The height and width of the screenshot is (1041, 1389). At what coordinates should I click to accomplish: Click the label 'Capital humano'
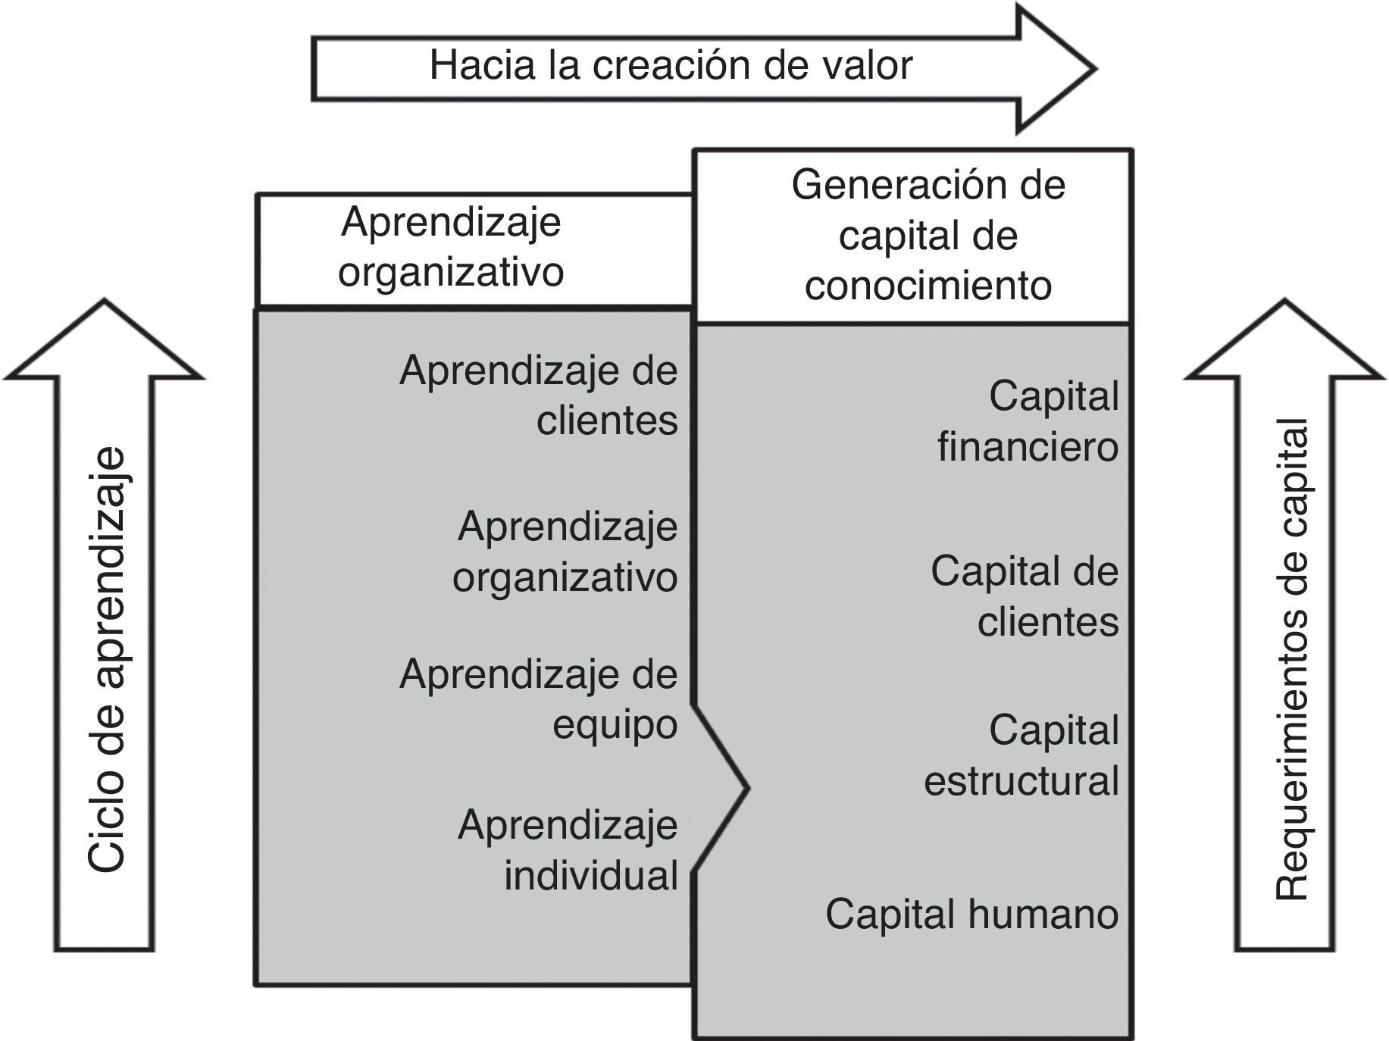971,914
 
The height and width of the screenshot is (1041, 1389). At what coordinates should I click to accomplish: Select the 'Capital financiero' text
1028,421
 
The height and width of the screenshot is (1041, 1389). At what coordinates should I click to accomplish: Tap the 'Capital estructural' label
1021,755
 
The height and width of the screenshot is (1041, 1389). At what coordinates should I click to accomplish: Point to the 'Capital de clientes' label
1025,596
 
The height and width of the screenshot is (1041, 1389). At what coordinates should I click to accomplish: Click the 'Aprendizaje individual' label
568,850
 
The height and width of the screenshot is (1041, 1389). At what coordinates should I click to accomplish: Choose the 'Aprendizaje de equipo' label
539,699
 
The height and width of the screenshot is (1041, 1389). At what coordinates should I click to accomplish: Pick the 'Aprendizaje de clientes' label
539,395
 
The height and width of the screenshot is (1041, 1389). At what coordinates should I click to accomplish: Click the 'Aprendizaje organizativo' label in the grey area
565,552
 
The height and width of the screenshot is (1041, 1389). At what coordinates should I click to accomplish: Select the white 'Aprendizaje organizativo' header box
452,247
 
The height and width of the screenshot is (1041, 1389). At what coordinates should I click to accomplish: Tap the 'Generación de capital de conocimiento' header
928,236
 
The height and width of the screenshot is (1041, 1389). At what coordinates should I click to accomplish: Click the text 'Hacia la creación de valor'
671,65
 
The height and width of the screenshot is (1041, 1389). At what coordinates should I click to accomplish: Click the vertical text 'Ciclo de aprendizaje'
105,659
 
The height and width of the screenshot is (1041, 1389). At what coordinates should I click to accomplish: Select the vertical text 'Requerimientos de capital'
1292,659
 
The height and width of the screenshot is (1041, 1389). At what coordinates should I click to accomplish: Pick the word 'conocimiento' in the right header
928,286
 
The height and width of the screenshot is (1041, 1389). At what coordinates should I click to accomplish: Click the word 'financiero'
1028,447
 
